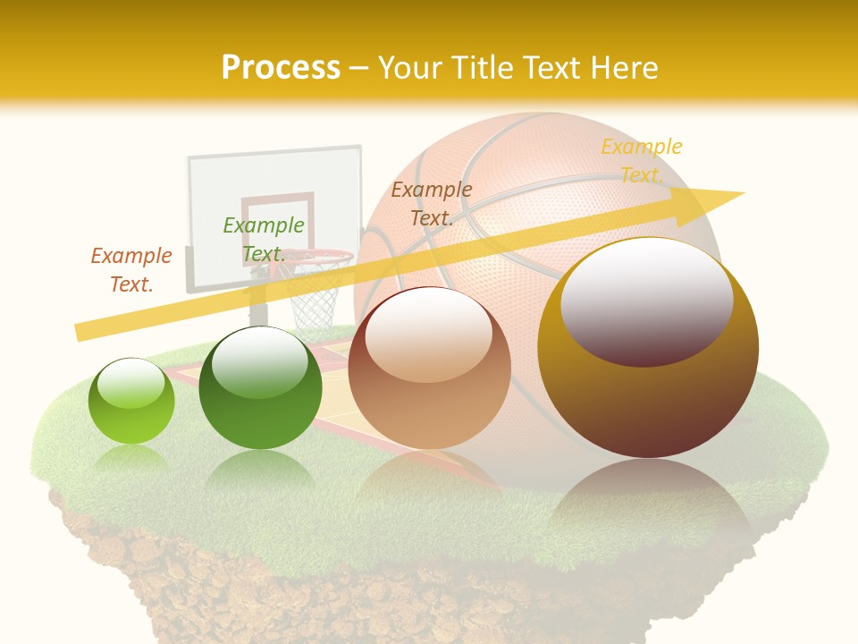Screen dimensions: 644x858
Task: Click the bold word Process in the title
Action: [281, 68]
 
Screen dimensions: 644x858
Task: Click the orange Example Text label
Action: [131, 269]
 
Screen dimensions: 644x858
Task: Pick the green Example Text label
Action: [264, 239]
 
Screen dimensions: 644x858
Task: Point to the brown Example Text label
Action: [432, 203]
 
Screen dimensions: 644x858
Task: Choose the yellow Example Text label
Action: [641, 160]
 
